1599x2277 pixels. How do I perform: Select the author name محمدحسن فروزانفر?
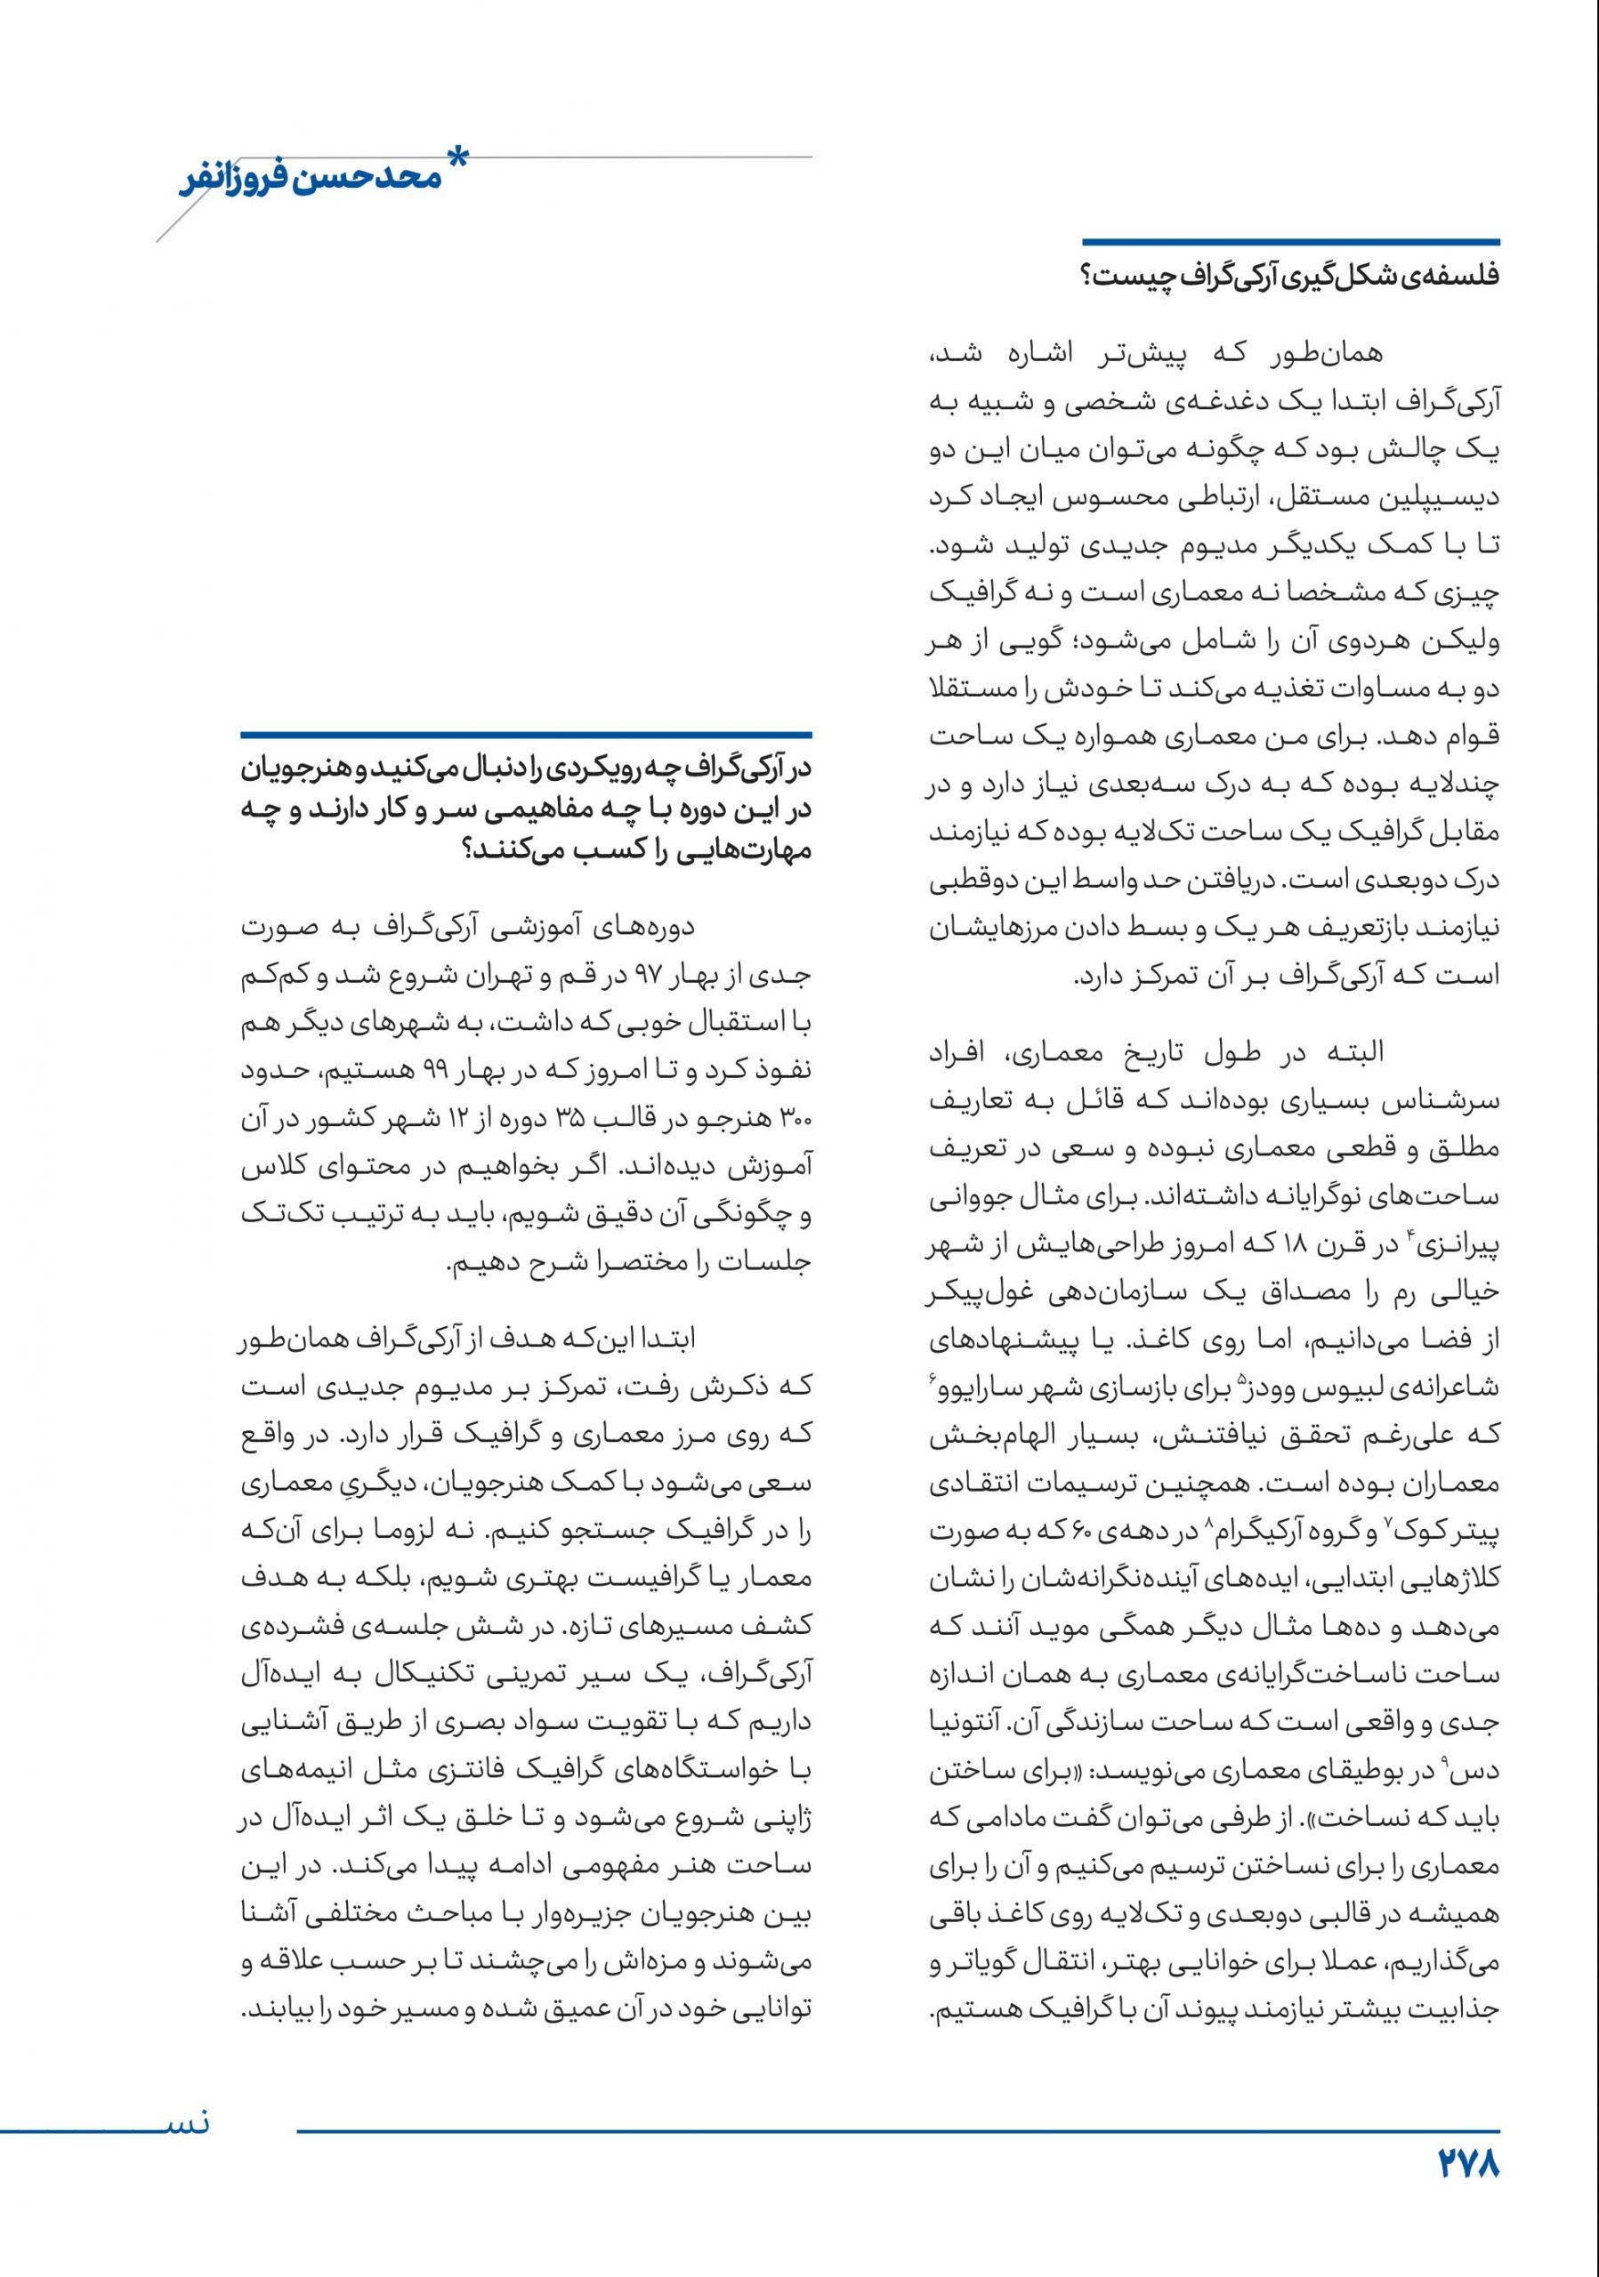(308, 186)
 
